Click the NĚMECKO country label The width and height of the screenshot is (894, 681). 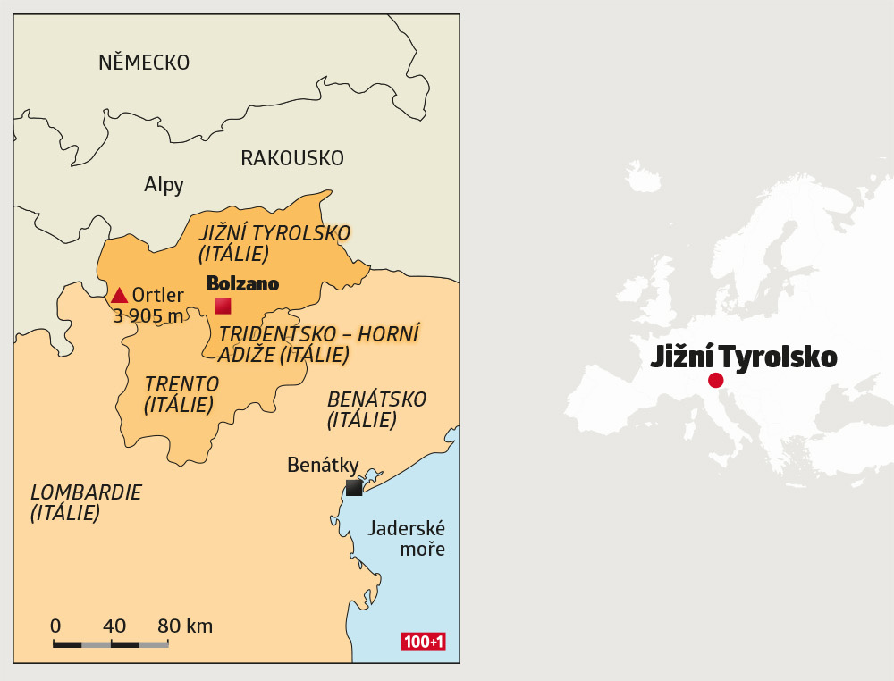(144, 63)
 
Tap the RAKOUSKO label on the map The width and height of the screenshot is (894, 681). (292, 158)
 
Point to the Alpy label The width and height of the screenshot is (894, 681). (164, 185)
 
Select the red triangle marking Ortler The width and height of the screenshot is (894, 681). (119, 295)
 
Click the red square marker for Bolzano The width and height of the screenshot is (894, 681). (223, 306)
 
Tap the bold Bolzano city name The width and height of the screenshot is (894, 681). (242, 283)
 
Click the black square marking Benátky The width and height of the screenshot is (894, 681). (354, 487)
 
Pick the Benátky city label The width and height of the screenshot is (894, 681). (323, 465)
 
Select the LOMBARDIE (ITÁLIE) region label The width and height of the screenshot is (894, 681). (86, 502)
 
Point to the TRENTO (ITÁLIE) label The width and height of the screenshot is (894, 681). (181, 394)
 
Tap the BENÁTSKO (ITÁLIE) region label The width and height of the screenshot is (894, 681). (376, 408)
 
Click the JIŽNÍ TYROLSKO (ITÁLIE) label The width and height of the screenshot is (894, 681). (274, 243)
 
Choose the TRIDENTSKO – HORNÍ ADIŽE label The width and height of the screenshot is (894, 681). (319, 343)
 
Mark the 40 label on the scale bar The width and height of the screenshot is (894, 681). (114, 626)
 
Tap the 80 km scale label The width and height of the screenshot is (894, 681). (185, 626)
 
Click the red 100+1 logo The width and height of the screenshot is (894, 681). (424, 641)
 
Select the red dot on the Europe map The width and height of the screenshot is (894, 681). (715, 381)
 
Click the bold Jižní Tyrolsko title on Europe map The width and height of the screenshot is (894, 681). (743, 357)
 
